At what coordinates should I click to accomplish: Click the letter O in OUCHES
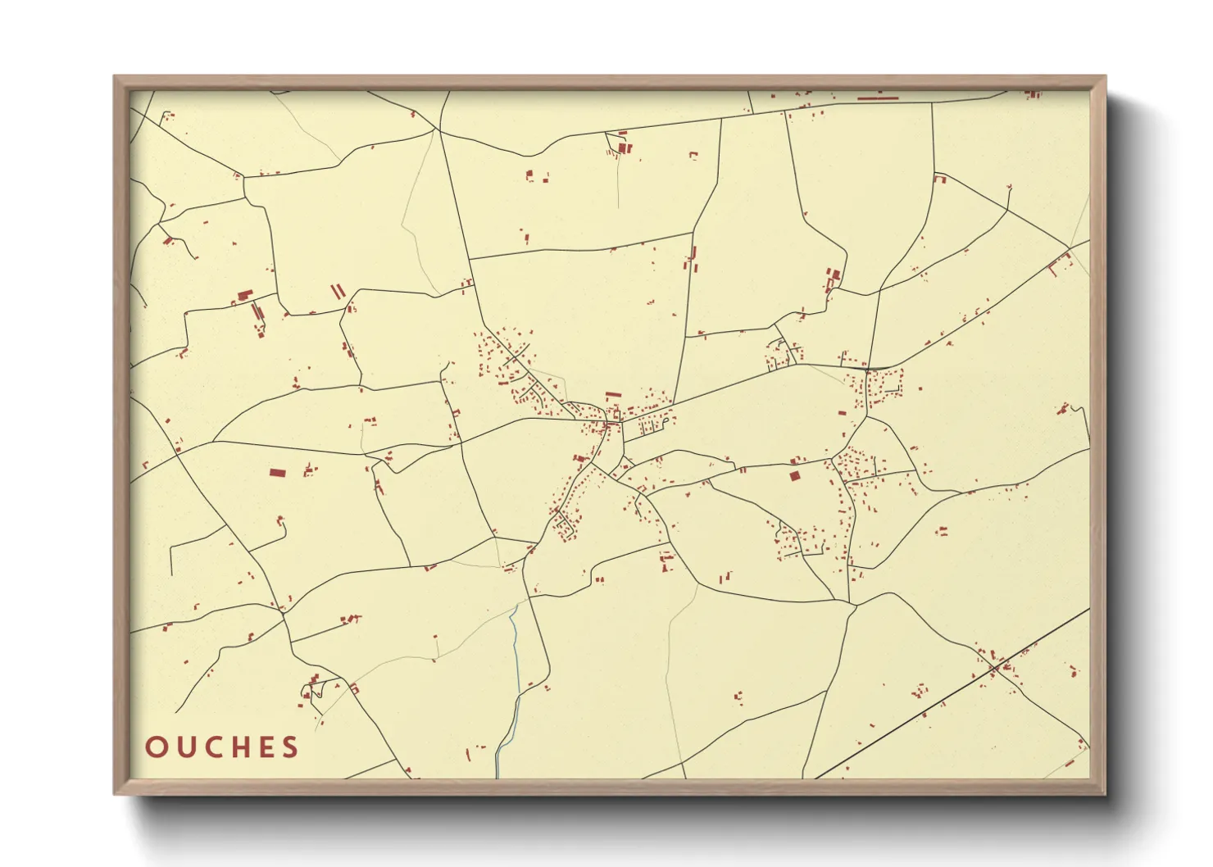coord(156,747)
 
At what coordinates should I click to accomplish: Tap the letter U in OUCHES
coord(184,747)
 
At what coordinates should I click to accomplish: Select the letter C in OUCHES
coord(211,747)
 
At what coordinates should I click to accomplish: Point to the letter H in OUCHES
coord(239,747)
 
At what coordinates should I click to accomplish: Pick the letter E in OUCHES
coord(266,747)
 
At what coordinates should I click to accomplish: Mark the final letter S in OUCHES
coord(290,747)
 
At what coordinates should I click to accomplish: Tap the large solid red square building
coord(793,475)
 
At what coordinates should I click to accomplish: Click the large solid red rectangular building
coord(278,472)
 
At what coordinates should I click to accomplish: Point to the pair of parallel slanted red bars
coord(338,291)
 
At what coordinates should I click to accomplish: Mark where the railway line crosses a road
coord(994,669)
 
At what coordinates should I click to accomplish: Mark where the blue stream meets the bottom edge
coord(497,776)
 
